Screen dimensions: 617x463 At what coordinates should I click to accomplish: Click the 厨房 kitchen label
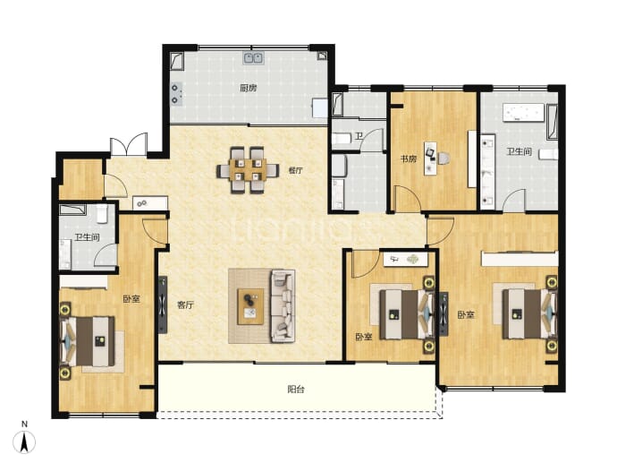(x=249, y=88)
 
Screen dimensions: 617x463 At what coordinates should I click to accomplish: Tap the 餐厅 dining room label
(x=295, y=170)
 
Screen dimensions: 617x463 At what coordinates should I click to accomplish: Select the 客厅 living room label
(x=185, y=304)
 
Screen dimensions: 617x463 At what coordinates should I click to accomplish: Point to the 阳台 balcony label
(x=295, y=390)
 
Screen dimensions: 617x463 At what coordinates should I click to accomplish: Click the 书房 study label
(x=409, y=159)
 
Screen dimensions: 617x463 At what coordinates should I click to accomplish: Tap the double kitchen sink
(x=253, y=58)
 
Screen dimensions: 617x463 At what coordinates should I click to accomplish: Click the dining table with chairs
(x=248, y=170)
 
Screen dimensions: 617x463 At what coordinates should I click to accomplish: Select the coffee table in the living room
(x=250, y=306)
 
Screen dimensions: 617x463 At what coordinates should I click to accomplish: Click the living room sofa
(x=283, y=305)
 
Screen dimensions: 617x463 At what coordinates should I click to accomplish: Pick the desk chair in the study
(x=443, y=159)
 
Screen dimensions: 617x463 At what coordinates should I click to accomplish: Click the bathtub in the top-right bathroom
(x=525, y=112)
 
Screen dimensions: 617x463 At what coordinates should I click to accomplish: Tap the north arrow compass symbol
(x=24, y=442)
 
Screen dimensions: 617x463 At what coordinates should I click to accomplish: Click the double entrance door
(x=129, y=145)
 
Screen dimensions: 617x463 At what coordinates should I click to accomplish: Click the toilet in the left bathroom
(x=102, y=213)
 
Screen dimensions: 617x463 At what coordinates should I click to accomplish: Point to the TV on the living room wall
(x=162, y=304)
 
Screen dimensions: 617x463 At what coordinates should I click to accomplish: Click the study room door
(x=408, y=199)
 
